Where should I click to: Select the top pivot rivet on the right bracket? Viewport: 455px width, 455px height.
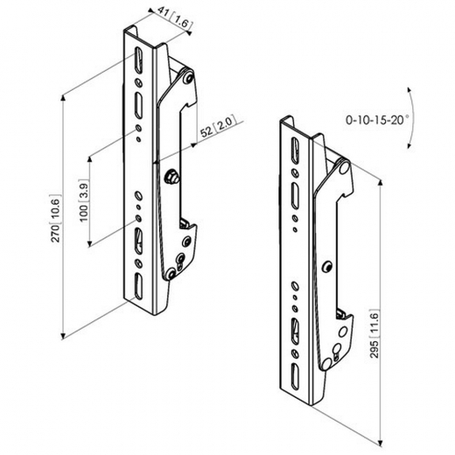pos(343,164)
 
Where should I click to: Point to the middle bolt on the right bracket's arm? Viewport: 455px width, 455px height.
pos(327,265)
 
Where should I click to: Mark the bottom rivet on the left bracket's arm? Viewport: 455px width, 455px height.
pos(179,261)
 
